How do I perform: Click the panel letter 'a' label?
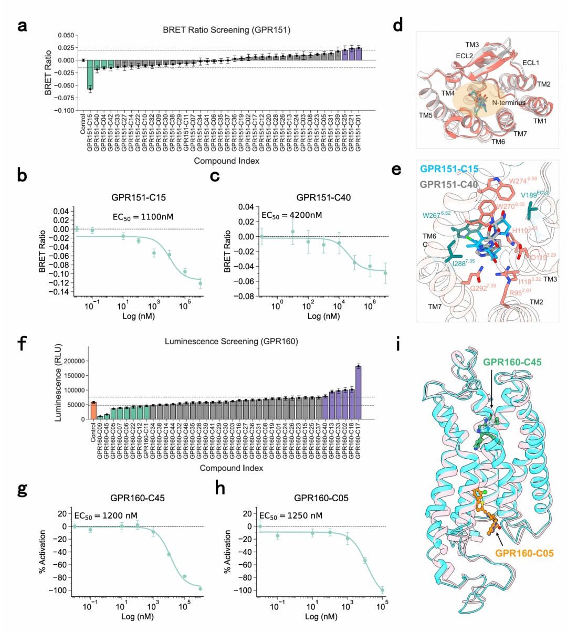pyautogui.click(x=22, y=25)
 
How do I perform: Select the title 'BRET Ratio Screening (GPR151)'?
pyautogui.click(x=226, y=30)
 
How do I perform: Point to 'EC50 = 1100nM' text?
pyautogui.click(x=143, y=216)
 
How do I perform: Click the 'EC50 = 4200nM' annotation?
pyautogui.click(x=291, y=215)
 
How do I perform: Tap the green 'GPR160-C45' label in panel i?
pyautogui.click(x=512, y=362)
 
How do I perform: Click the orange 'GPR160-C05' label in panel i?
pyautogui.click(x=524, y=553)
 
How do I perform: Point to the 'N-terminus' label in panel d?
pyautogui.click(x=509, y=103)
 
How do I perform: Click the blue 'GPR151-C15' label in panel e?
pyautogui.click(x=449, y=169)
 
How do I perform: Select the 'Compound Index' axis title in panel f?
pyautogui.click(x=231, y=468)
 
